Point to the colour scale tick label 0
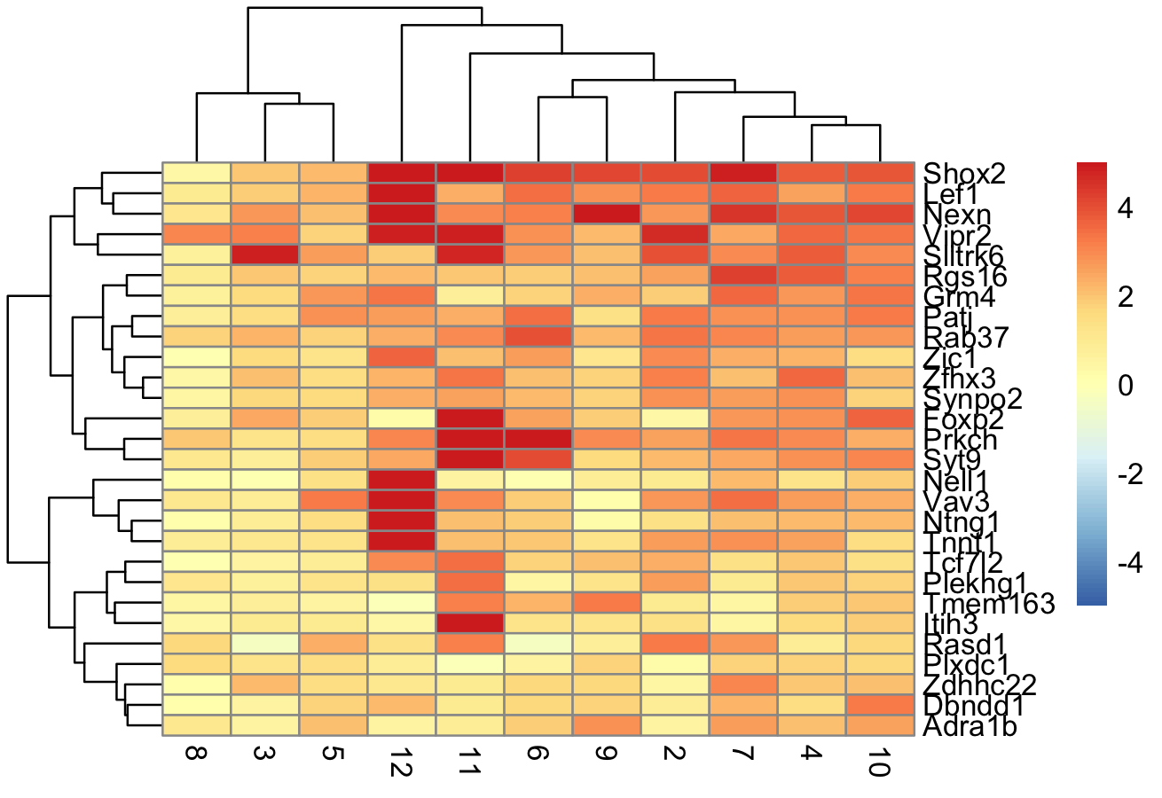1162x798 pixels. coord(1126,387)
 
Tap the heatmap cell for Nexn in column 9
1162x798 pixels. coord(607,214)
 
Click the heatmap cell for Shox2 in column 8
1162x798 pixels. coord(197,173)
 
